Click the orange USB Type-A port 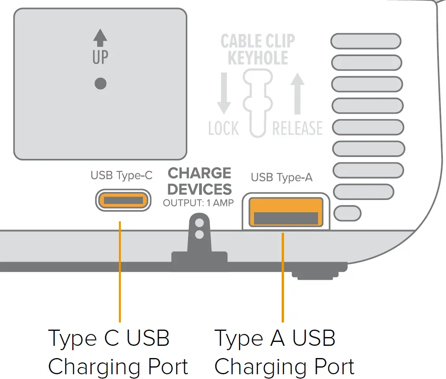coord(286,211)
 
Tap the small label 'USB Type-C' coord(121,175)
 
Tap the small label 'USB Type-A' coord(282,178)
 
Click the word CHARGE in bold coord(199,173)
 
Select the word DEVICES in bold coord(199,189)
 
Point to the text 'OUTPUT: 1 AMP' coord(198,203)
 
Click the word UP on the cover coord(100,57)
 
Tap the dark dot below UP coord(101,83)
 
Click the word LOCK coord(224,128)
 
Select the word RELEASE coord(297,128)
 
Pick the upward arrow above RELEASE coord(297,94)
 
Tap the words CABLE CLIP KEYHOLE coord(258,49)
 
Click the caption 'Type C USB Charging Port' coord(118,353)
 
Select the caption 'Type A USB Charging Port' coord(284,353)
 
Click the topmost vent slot coord(365,41)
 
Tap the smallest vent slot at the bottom coord(347,213)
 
